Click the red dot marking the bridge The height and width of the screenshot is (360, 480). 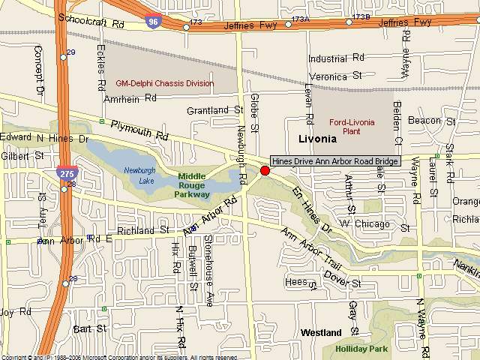click(265, 171)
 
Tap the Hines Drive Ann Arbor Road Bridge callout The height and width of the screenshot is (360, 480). click(334, 160)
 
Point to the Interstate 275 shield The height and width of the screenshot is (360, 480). click(64, 172)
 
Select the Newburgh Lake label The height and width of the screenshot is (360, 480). click(139, 174)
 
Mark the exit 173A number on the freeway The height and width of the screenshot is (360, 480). click(300, 19)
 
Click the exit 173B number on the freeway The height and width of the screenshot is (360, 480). click(361, 16)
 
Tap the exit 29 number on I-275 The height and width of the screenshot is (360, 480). click(71, 52)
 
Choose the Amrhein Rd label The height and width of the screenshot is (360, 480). click(130, 98)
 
